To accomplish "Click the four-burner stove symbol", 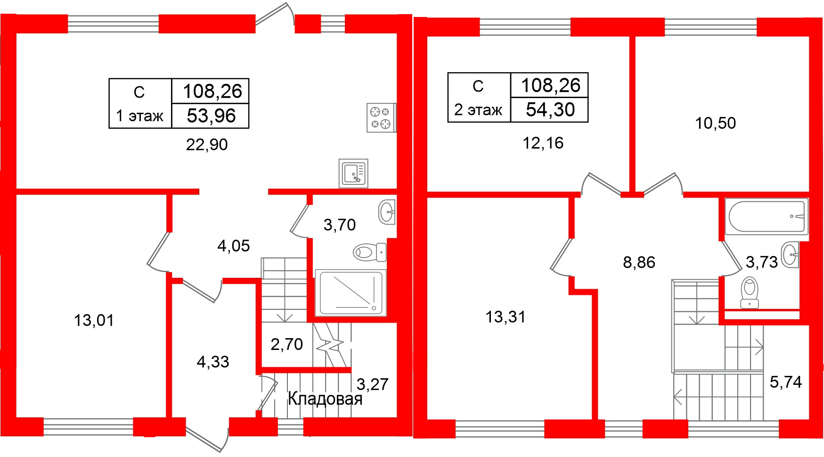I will (x=381, y=117).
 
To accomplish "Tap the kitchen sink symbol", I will (x=353, y=173).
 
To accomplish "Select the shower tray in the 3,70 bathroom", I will (x=351, y=292).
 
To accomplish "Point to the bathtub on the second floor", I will (x=767, y=216).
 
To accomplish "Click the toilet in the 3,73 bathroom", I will (x=749, y=292).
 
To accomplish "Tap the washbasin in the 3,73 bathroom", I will (x=790, y=255).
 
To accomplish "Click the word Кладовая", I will (x=325, y=399).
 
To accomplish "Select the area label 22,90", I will (x=207, y=144).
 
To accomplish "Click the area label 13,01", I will (x=94, y=321).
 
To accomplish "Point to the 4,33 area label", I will (x=213, y=362).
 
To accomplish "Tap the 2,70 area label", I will (x=286, y=344).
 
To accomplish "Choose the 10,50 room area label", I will (x=715, y=123).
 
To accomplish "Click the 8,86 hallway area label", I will (x=639, y=262).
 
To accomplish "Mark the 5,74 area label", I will (x=785, y=382).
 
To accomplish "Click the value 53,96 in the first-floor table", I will (x=211, y=116).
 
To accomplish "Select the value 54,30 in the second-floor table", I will (x=550, y=110).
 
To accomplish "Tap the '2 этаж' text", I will (x=478, y=110).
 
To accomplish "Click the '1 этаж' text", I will (x=139, y=116).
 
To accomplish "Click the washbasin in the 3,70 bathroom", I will (x=387, y=212).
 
